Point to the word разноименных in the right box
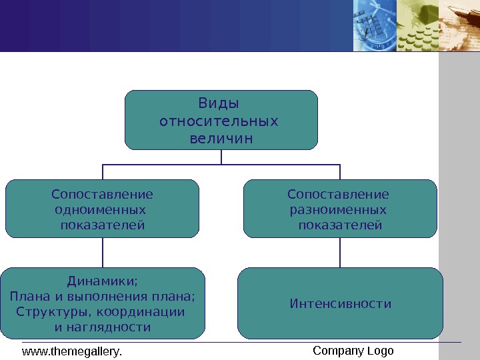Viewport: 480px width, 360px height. [x=337, y=210]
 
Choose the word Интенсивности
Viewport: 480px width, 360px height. [x=341, y=304]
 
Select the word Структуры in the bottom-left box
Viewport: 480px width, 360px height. [x=53, y=311]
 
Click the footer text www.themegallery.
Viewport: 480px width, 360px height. [x=73, y=351]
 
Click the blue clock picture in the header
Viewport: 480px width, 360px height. [x=374, y=25]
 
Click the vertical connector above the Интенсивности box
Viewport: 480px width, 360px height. [x=340, y=253]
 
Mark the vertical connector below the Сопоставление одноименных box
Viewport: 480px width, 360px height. [x=103, y=253]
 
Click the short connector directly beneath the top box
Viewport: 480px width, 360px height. [x=221, y=156]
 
